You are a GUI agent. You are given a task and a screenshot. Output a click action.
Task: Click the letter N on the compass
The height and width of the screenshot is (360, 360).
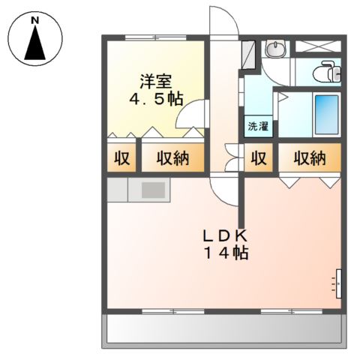(35, 20)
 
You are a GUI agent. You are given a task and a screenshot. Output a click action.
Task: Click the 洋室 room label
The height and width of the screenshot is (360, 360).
(156, 82)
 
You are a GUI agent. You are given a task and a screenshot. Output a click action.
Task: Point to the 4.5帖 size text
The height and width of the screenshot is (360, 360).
(156, 99)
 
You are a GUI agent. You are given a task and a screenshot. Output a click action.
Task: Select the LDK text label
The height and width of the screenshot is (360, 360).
(226, 235)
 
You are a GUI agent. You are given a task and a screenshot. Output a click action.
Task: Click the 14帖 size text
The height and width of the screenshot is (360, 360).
(226, 253)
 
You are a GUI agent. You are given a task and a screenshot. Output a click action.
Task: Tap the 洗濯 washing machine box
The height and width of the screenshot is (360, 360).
(258, 126)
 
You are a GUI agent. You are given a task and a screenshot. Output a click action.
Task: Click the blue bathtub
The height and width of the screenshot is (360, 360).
(327, 115)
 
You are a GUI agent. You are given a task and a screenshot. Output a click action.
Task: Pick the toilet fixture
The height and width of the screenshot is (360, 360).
(327, 72)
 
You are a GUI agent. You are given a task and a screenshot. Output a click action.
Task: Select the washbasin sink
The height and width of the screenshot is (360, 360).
(275, 49)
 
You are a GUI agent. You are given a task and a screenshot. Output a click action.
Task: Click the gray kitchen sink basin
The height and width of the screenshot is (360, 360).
(153, 190)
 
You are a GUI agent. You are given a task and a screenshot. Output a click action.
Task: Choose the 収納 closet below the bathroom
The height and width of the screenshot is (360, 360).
(310, 157)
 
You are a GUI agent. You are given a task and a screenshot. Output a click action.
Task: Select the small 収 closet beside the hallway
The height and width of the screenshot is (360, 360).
(259, 157)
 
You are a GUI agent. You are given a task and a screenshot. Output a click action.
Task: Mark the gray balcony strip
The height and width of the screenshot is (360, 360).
(224, 328)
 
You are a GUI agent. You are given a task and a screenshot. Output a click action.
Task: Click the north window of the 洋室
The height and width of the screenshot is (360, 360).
(156, 37)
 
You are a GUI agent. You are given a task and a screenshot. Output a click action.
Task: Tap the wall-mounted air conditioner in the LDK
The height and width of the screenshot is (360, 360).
(339, 283)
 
